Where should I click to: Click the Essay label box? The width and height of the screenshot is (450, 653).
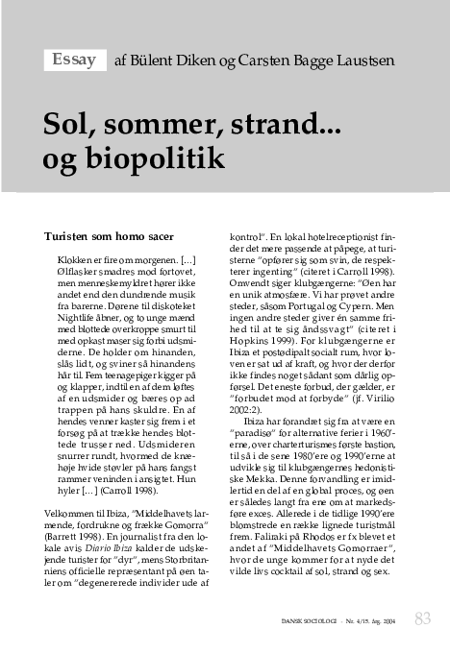click(73, 60)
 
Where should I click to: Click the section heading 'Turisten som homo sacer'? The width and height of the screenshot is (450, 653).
click(110, 234)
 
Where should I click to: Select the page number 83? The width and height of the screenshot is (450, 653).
click(422, 618)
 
